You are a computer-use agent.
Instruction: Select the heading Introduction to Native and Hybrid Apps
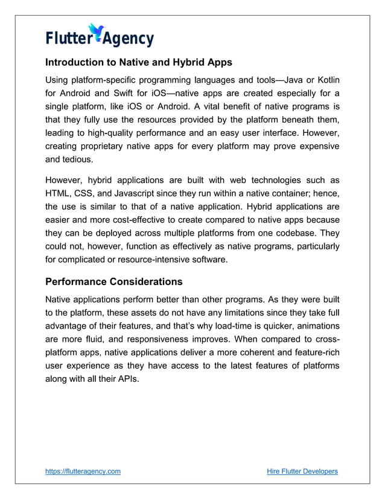coord(139,62)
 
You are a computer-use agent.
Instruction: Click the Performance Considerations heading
coord(114,282)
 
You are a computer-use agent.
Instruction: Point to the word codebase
coord(295,233)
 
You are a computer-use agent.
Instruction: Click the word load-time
coord(245,326)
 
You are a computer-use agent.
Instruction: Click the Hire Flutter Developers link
coord(302,471)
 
